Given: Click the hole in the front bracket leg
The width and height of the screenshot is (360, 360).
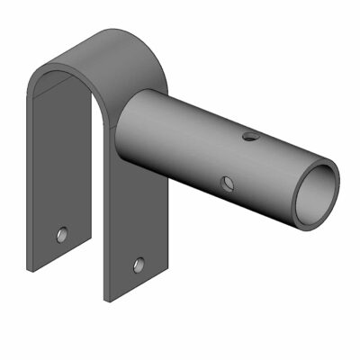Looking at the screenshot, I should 138,265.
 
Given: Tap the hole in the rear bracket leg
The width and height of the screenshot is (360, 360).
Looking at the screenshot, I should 60,234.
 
